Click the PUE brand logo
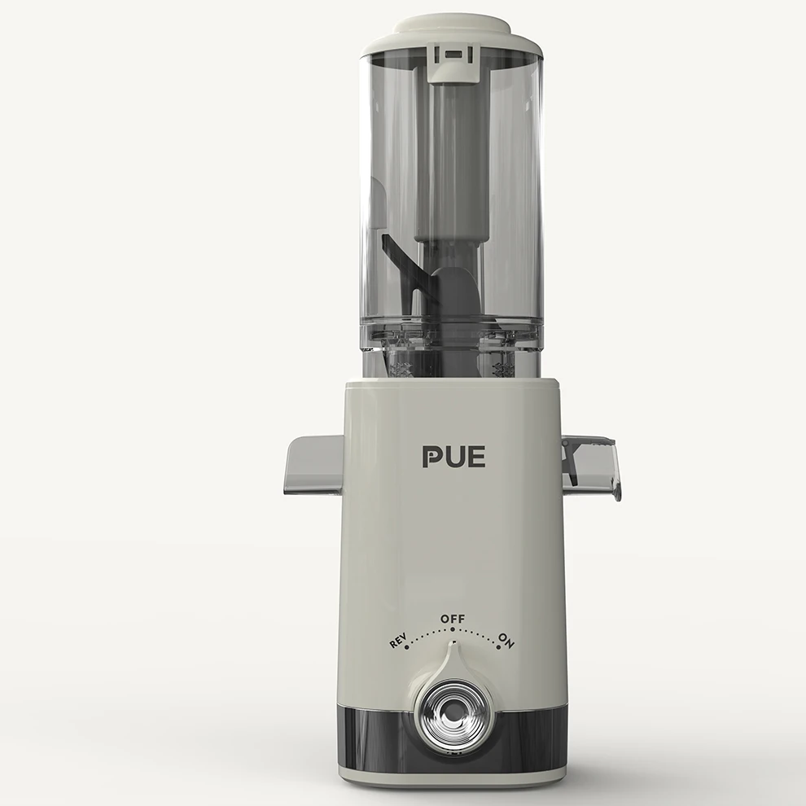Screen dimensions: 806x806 pos(454,457)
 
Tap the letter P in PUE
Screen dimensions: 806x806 pos(431,457)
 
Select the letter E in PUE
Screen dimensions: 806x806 pos(477,457)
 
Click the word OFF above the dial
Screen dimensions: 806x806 pos(453,619)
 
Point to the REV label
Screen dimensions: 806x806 pos(397,641)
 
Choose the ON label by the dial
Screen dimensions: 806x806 pos(506,641)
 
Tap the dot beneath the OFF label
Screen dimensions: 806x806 pos(453,629)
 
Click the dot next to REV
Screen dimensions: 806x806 pos(406,648)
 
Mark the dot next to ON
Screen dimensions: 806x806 pos(498,647)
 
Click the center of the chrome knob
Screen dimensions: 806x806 pos(453,713)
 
